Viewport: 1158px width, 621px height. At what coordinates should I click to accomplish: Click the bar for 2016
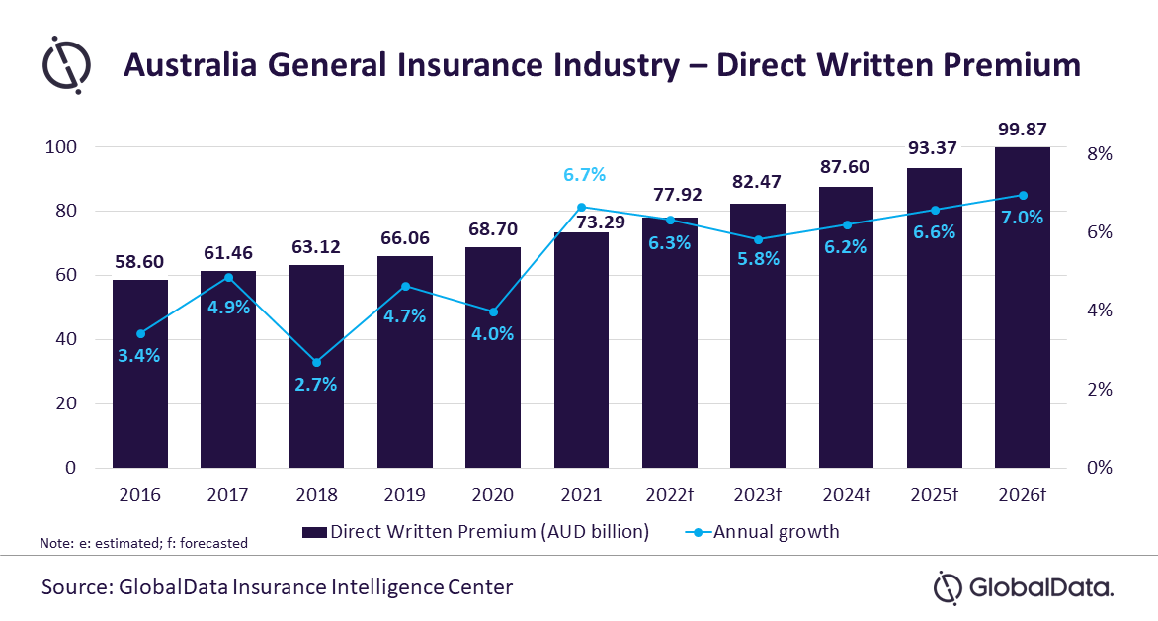pos(140,374)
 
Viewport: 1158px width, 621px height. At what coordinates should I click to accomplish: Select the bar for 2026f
pos(1022,308)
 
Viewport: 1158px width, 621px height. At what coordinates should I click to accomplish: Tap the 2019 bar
pos(405,362)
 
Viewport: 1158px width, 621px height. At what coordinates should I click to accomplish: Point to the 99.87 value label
pos(1022,130)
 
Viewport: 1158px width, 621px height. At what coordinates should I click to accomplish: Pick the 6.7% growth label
pos(584,174)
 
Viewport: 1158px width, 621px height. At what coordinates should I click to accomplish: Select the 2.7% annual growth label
pos(316,385)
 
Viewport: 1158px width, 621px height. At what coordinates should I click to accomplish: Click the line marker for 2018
pos(317,362)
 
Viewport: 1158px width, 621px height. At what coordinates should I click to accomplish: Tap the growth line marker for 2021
pos(581,207)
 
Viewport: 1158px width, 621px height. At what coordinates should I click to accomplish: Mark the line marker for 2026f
pos(1023,195)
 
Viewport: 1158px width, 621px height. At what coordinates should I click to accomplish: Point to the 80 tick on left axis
pos(66,211)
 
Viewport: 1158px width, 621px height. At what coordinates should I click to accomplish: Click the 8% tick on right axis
pos(1100,154)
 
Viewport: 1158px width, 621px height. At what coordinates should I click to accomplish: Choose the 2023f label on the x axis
pos(758,494)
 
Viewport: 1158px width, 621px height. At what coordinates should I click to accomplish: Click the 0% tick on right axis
pos(1100,467)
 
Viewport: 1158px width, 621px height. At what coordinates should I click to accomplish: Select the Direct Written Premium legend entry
pos(476,532)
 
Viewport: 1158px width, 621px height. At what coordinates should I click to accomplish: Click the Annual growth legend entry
pos(762,532)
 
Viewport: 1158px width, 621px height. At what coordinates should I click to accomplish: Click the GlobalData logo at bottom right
pos(1024,588)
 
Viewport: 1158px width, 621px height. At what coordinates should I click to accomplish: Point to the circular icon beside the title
pos(66,65)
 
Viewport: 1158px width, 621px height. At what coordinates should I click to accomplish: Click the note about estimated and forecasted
pos(144,544)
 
